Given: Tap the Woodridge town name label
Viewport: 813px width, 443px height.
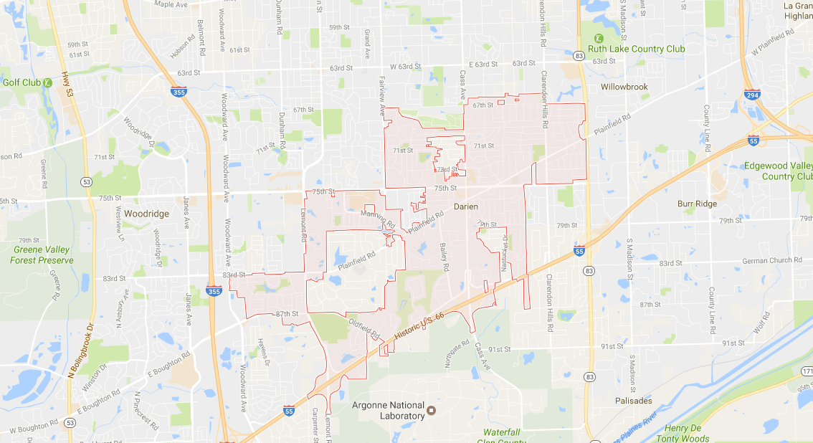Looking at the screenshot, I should point(146,214).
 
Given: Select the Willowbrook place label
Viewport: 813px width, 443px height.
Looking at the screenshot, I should point(624,87).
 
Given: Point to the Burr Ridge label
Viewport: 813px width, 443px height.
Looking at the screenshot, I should point(697,204).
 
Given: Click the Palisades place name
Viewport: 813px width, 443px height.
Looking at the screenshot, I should point(634,401).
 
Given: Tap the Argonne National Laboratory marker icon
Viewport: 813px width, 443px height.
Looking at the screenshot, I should point(432,411).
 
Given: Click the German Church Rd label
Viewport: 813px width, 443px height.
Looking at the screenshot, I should point(772,260).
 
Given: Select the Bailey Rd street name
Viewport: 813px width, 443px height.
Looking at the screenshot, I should point(444,257).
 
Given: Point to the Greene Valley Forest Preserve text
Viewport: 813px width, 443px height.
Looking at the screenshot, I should point(43,255).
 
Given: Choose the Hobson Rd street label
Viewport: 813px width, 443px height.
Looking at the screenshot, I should point(183,47).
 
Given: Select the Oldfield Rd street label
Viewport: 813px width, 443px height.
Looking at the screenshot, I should point(363,328).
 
